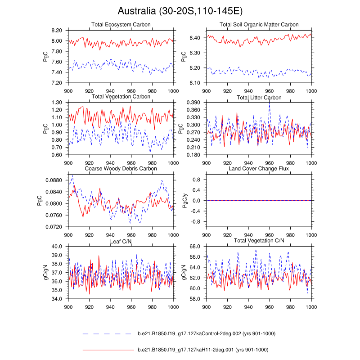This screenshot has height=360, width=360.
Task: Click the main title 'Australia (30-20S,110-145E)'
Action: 180,10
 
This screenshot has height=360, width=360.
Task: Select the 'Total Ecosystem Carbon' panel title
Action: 121,24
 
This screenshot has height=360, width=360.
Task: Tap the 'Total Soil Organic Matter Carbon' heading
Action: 259,24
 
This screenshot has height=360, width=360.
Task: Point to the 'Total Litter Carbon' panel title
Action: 259,97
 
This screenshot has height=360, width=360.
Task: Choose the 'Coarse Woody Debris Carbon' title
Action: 121,168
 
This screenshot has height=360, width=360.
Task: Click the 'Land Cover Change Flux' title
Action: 259,168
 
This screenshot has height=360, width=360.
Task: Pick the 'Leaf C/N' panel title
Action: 121,242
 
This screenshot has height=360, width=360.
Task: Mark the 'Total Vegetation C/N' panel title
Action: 259,242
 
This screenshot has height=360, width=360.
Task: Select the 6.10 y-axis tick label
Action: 195,83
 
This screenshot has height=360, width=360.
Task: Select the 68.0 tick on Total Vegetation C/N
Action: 195,247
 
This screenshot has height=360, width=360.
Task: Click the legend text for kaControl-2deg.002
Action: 206,333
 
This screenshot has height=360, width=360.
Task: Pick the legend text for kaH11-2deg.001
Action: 202,350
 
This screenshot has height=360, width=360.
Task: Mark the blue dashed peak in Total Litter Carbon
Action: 270,100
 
